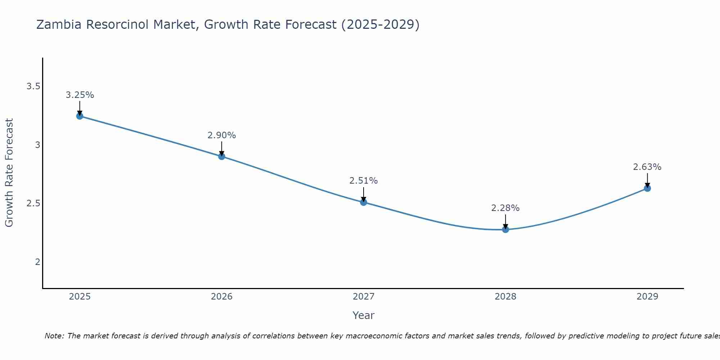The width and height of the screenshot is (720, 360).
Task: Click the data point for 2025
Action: point(80,116)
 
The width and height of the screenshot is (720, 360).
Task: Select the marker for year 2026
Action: point(222,156)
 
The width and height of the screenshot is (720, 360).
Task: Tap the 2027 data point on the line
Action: point(364,202)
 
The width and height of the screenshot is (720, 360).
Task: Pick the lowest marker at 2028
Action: point(505,229)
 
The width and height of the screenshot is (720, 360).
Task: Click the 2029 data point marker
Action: point(647,188)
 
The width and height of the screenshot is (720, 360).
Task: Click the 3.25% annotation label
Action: point(80,95)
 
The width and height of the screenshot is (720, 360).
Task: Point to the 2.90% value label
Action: point(222,135)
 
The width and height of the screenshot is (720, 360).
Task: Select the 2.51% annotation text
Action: point(364,181)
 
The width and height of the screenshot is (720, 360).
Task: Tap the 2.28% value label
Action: point(505,208)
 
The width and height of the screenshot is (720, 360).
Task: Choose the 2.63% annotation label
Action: point(647,167)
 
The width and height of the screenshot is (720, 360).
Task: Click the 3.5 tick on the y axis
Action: point(33,86)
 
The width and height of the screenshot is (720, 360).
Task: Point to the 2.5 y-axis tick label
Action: point(33,203)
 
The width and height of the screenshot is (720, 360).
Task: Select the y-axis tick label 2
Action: point(37,262)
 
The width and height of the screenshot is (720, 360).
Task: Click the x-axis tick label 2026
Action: point(222,297)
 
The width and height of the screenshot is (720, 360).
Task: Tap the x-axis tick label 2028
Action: point(505,297)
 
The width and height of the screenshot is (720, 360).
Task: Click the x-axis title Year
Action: point(364,315)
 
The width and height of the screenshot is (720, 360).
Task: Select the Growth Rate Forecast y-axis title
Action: point(9,173)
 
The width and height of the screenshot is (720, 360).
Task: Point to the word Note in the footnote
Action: point(54,336)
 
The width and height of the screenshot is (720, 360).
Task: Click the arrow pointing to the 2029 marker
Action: point(647,180)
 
